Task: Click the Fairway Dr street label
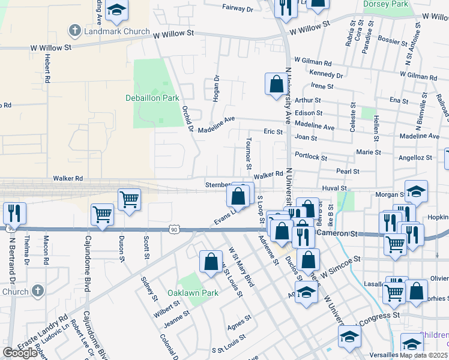238,8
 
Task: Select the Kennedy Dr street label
327,76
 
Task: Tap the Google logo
20,353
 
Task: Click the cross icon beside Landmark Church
75,30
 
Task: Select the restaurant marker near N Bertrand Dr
13,213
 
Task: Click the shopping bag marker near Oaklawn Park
210,262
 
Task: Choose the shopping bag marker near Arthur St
276,84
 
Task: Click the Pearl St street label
348,171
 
